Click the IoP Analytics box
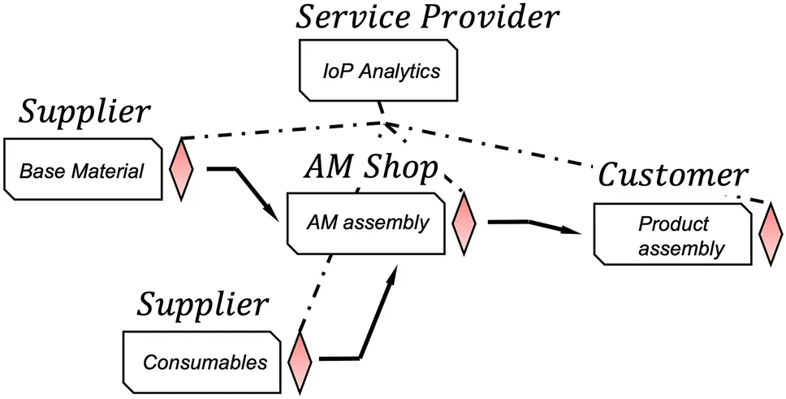point(381,72)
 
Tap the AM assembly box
point(367,222)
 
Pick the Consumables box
point(205,361)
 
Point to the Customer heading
point(672,176)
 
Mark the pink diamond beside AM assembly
point(464,222)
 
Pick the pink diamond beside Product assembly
point(770,235)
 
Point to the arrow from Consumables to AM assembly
point(369,317)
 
